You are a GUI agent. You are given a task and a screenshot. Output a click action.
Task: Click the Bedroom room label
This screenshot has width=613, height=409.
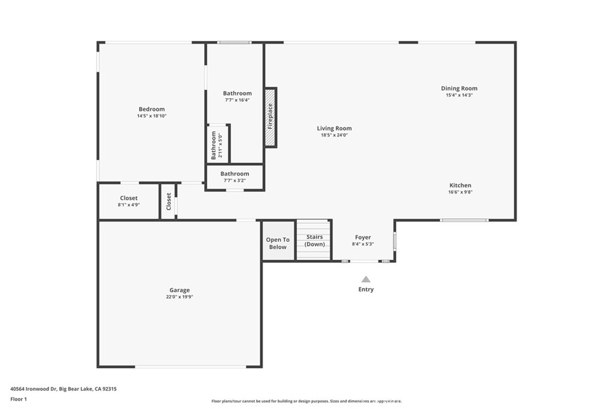tap(151, 109)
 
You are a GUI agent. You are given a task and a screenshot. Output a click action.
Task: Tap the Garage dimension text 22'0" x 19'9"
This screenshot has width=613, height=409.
tap(180, 297)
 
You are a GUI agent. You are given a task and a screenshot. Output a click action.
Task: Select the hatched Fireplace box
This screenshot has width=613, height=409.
tap(271, 117)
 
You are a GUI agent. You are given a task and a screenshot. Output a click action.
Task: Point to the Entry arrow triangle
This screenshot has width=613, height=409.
tap(366, 279)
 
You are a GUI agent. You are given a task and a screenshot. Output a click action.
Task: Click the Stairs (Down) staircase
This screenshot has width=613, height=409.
tap(314, 240)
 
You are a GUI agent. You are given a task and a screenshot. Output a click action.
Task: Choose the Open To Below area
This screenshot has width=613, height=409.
tap(278, 241)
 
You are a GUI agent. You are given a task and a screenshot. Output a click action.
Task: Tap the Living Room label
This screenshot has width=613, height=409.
tap(334, 128)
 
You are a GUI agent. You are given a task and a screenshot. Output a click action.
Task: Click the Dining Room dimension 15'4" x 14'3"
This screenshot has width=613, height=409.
tap(459, 95)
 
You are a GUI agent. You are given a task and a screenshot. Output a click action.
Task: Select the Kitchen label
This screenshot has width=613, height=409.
tap(460, 186)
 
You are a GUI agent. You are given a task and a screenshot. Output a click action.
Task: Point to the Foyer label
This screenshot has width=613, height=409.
tap(363, 237)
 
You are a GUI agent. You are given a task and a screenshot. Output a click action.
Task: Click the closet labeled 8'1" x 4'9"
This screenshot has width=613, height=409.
tap(129, 201)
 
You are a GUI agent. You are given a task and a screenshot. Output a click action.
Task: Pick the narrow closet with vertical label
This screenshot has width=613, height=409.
tap(168, 202)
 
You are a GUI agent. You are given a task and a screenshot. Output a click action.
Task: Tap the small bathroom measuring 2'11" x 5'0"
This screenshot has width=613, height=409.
tap(217, 144)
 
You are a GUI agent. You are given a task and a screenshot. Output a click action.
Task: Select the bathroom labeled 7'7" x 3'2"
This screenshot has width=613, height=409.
tap(235, 177)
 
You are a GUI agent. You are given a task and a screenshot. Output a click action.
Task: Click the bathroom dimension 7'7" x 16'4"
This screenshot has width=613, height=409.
tap(237, 100)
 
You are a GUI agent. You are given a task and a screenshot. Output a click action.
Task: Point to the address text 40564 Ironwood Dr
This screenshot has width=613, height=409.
tap(34, 389)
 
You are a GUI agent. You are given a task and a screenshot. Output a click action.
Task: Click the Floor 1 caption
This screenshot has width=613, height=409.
tap(19, 399)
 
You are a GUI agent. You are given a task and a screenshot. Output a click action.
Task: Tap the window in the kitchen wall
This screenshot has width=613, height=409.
tap(464, 220)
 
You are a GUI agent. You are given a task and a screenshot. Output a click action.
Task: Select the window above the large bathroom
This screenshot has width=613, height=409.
tap(235, 43)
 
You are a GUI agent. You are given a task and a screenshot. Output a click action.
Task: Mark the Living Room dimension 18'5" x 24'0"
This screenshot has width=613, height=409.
tap(334, 135)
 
